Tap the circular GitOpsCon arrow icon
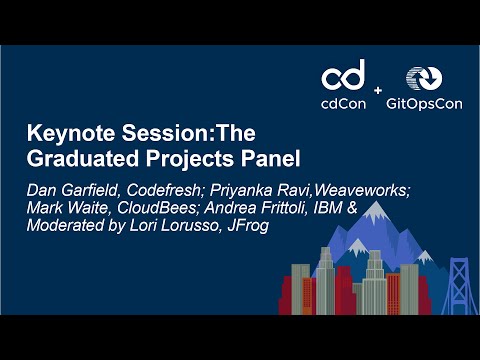pos(421,79)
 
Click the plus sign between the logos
pos(378,91)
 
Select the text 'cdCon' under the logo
pos(342,103)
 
